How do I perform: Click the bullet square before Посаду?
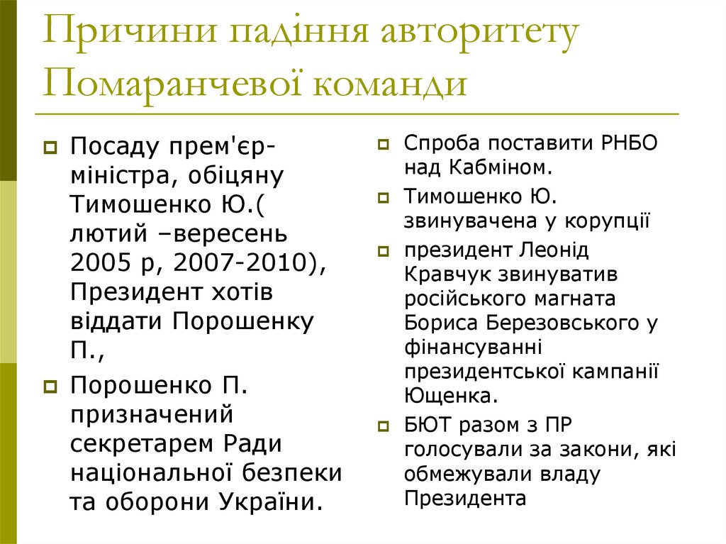[50, 148]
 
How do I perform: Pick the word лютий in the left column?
[104, 233]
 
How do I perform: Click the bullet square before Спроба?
[384, 143]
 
